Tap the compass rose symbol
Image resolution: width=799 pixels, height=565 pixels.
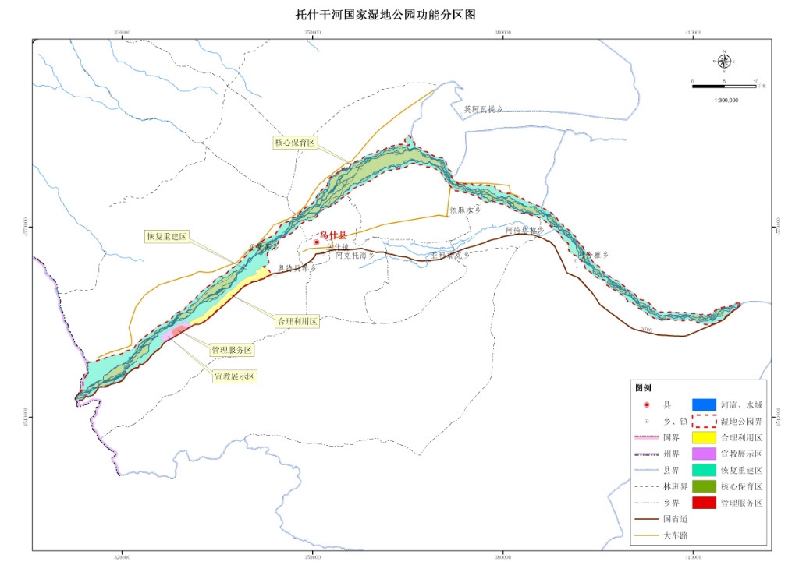coord(724,61)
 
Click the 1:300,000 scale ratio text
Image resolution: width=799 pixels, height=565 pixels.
coord(726,101)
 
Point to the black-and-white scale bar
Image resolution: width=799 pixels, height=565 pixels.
coord(724,85)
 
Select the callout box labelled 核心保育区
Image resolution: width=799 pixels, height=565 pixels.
coord(294,143)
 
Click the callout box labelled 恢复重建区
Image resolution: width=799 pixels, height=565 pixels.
coord(167,236)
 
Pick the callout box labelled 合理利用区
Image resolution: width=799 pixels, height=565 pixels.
coord(297,321)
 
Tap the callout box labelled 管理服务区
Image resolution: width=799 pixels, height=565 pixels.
coord(232,351)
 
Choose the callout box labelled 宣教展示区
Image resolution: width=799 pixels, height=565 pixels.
coord(235,376)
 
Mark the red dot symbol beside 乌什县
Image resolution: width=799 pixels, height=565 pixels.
coord(316,242)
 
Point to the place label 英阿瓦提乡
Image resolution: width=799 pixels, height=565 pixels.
coord(483,110)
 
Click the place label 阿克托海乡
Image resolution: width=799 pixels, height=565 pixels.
coord(355,255)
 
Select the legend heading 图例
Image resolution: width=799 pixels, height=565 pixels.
coord(643,387)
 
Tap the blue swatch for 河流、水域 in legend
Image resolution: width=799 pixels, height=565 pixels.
coord(704,404)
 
